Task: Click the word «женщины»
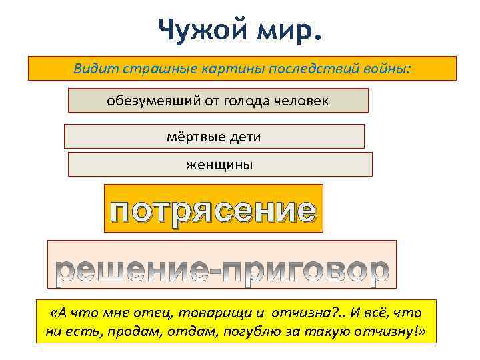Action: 219,164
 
